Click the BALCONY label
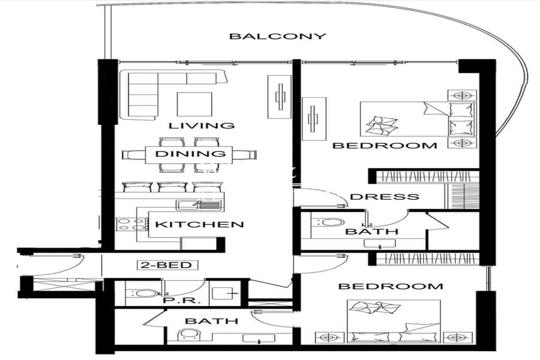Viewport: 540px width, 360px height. point(278,36)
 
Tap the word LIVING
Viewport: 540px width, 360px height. point(202,125)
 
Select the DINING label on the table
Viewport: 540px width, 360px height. point(190,154)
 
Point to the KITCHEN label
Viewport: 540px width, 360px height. point(199,224)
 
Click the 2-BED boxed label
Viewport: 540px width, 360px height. point(168,265)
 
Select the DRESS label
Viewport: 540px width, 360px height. point(385,197)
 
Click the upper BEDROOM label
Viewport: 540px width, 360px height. point(385,145)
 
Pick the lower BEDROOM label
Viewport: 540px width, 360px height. point(391,286)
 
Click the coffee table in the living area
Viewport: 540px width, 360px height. point(194,104)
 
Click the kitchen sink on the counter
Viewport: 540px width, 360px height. point(199,205)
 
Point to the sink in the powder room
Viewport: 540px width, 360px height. point(225,293)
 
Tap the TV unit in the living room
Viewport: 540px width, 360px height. point(280,97)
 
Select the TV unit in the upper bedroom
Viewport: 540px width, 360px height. point(314,119)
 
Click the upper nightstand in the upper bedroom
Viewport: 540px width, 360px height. point(462,95)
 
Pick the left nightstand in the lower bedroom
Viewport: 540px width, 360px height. point(329,338)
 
